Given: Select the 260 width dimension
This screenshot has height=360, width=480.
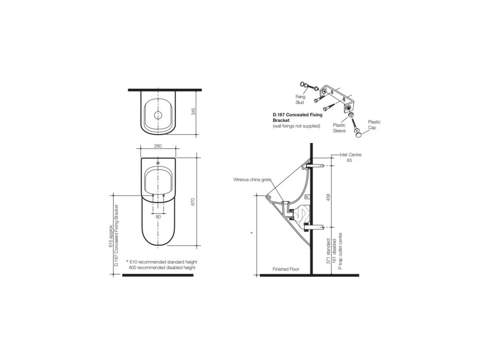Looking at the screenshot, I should (x=158, y=146).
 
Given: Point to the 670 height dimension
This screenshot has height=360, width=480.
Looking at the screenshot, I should (x=193, y=202).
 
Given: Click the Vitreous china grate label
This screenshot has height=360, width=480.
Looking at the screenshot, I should (x=252, y=180).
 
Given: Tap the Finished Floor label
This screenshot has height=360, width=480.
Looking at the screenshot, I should (x=286, y=269).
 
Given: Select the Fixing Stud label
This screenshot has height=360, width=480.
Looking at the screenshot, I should (x=300, y=99).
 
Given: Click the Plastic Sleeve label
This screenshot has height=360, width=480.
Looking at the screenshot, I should (x=339, y=128).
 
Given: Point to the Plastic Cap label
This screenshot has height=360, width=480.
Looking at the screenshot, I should (x=374, y=125).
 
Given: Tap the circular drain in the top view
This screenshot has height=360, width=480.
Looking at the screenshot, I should (x=158, y=115).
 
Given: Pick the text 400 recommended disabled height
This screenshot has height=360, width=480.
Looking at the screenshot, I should (x=162, y=267).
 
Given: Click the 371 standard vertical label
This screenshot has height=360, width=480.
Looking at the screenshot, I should (x=328, y=251).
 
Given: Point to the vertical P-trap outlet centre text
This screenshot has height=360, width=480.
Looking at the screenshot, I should (x=340, y=251).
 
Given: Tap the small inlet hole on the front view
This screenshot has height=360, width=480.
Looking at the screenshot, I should (x=158, y=163).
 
